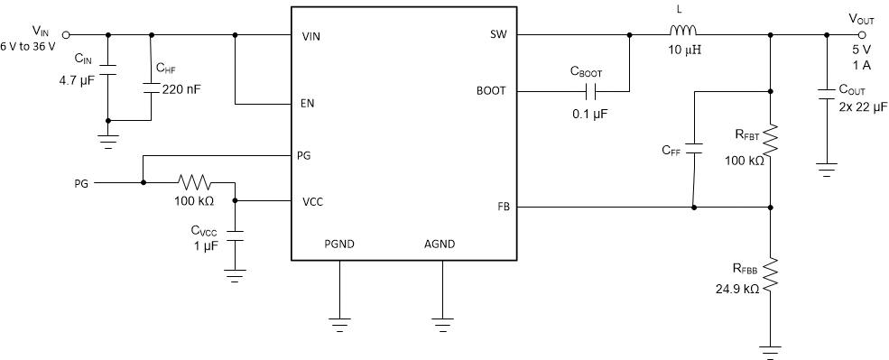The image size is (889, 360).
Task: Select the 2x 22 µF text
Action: [x=857, y=106]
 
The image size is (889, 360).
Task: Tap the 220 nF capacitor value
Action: [x=181, y=88]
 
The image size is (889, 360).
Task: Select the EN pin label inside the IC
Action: [x=308, y=104]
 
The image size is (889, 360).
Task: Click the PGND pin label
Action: [x=340, y=244]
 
